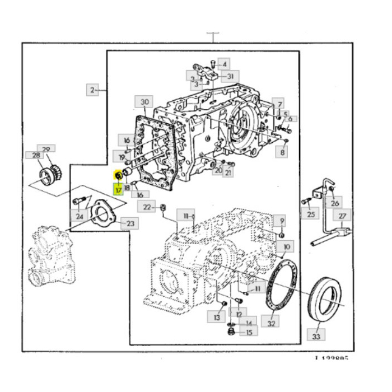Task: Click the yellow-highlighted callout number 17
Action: point(119,189)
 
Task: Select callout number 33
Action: point(316,337)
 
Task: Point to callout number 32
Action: point(272,324)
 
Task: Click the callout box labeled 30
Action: point(144,102)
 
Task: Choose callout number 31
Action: point(230,76)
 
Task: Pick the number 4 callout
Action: point(222,63)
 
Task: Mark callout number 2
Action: point(91,89)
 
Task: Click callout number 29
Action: point(46,150)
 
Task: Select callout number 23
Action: point(130,224)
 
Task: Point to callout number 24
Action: point(80,216)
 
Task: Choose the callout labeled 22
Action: point(147,207)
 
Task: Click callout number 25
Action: point(309,213)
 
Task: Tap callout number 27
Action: point(343,216)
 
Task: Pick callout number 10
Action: point(286,246)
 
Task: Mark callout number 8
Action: point(283,152)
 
